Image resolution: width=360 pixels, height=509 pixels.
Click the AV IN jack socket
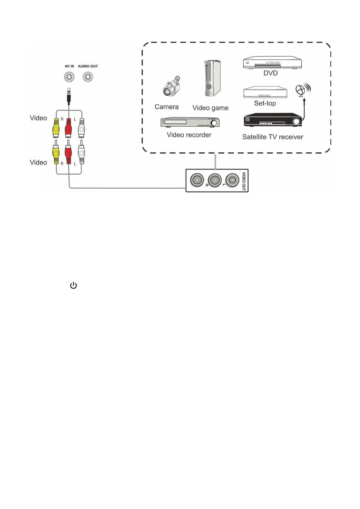(69, 77)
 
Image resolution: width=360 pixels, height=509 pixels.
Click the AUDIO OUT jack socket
(88, 77)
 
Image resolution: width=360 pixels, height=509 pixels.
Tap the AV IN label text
(69, 66)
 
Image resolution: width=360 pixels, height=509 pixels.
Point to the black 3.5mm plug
(69, 96)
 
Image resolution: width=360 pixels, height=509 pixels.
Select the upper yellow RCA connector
(56, 128)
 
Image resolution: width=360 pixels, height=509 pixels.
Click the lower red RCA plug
(68, 153)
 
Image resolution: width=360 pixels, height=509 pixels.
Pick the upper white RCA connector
(81, 128)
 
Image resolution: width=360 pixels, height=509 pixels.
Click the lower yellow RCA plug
(56, 153)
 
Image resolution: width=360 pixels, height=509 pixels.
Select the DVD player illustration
(272, 63)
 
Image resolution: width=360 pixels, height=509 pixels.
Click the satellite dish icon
(302, 90)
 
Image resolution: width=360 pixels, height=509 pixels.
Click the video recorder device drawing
(190, 122)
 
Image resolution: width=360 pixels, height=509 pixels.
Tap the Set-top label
(265, 103)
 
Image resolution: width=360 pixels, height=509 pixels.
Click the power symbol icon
(73, 285)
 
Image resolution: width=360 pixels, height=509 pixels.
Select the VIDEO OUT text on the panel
(244, 181)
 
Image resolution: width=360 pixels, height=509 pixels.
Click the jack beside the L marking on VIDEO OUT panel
(232, 180)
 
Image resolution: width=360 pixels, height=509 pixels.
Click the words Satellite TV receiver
(273, 137)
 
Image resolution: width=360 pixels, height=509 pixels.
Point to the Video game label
(210, 108)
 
